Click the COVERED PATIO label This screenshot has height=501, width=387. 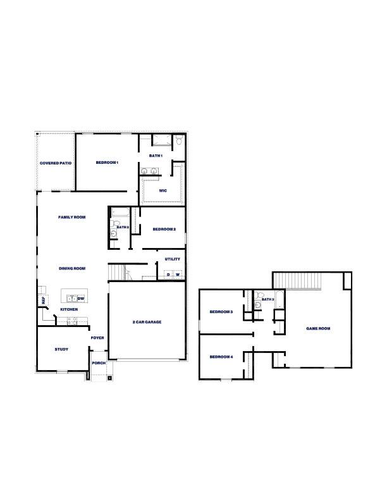pos(56,163)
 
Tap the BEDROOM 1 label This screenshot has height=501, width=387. pos(107,163)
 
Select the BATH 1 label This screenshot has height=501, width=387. pos(156,156)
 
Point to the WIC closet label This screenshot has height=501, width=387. pos(163,190)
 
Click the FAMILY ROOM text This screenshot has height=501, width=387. pos(71,217)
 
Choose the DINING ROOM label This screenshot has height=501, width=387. pos(72,268)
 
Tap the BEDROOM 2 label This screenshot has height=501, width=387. pos(164,229)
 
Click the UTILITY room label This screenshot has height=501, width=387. pos(172,259)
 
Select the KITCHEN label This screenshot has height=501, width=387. pos(69,309)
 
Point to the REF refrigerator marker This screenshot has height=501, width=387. pos(44,301)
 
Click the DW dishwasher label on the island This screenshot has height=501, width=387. pos(81,299)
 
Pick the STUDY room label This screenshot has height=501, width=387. pos(61,349)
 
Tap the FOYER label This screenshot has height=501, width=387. pos(97,338)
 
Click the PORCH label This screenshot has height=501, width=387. pos(99,363)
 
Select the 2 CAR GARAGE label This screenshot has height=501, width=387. pos(147,322)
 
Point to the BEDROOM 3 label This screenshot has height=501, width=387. pos(221,312)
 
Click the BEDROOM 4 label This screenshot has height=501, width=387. pos(221,357)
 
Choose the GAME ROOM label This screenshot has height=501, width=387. pos(318,328)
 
